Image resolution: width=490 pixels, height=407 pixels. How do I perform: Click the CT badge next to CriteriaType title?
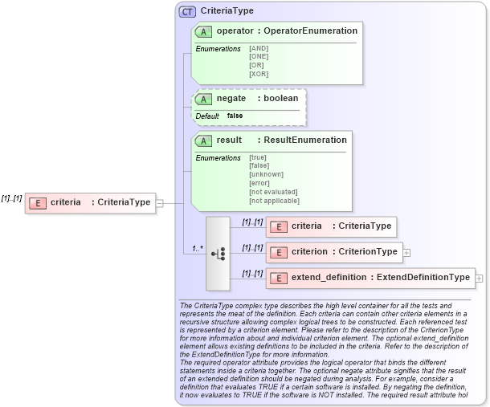(187, 11)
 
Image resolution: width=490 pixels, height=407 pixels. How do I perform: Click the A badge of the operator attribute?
(204, 31)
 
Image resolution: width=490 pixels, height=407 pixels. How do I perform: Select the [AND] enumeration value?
(259, 49)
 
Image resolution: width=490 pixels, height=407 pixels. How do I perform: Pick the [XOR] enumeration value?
(259, 74)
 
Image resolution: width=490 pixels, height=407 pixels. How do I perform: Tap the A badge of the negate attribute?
(204, 99)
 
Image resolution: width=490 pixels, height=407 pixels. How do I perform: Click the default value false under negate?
(235, 116)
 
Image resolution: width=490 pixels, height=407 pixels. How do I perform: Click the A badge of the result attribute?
(204, 140)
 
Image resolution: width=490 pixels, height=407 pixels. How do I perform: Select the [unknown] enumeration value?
(266, 174)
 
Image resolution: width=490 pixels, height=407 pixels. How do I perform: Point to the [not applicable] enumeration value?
(274, 200)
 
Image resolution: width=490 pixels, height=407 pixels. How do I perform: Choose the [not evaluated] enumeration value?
(273, 192)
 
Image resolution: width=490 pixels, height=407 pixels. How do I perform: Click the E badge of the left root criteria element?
(37, 203)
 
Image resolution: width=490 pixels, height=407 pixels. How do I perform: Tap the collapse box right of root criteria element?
(159, 203)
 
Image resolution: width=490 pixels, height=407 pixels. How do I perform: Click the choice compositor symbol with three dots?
(218, 253)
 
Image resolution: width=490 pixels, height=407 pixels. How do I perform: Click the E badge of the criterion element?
(278, 252)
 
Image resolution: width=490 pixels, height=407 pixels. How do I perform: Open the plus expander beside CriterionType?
(406, 253)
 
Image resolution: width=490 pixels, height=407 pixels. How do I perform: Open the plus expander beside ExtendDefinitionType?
(479, 279)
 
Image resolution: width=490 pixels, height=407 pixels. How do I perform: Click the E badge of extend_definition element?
(278, 278)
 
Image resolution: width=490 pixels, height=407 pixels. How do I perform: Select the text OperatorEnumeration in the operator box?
(311, 31)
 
